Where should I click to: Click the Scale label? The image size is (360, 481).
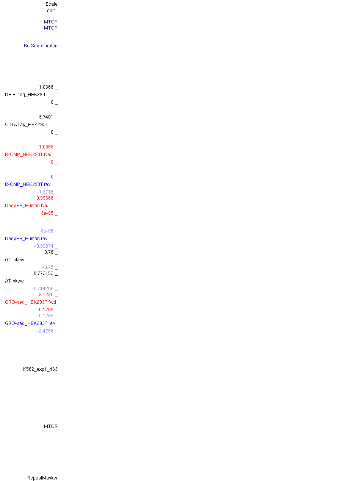tap(51, 4)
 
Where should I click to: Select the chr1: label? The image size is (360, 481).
tap(52, 11)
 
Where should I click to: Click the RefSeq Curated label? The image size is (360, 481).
tap(41, 46)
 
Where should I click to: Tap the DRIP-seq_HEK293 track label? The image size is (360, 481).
tap(25, 95)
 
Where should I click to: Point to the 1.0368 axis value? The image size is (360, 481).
tap(46, 87)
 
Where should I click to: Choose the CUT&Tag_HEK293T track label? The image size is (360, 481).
tap(26, 125)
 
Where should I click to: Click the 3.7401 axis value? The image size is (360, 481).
tap(46, 117)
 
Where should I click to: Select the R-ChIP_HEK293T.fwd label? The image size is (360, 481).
tap(28, 155)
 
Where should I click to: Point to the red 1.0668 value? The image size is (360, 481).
tap(46, 147)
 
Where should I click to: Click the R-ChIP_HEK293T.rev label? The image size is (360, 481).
tap(28, 184)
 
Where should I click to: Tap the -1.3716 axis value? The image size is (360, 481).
tap(45, 192)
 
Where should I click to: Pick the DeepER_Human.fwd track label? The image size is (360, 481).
tap(27, 206)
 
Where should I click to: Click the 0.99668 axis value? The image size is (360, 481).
tap(45, 198)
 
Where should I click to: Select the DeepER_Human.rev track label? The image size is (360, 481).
tap(26, 239)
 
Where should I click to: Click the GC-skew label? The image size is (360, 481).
tap(14, 260)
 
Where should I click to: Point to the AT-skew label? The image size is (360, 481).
tap(14, 281)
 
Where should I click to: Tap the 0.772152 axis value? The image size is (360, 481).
tap(44, 273)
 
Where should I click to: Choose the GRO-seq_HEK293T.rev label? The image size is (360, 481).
tap(30, 323)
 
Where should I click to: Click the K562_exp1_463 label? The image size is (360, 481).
tap(40, 369)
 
